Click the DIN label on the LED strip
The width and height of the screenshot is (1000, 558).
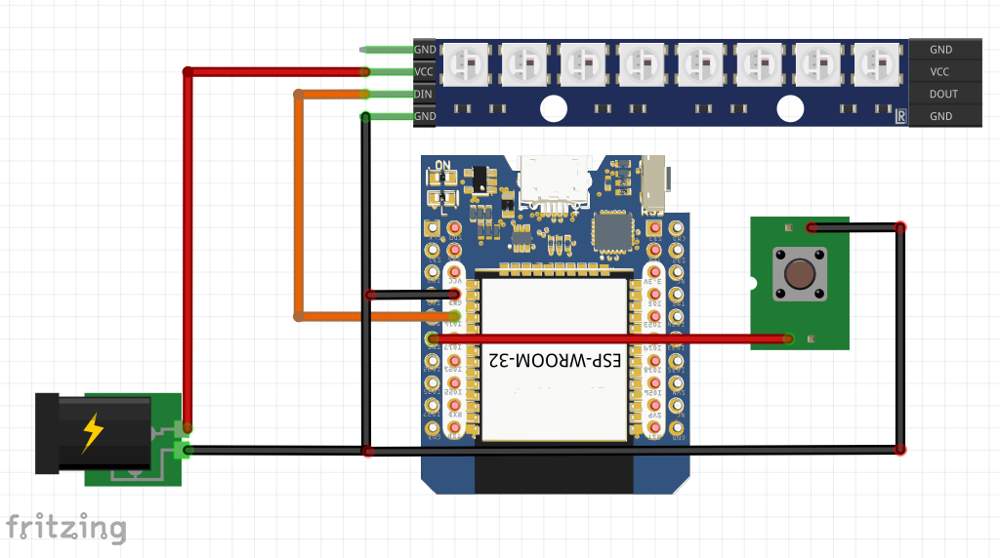coord(424,94)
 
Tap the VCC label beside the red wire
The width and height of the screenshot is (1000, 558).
coord(424,71)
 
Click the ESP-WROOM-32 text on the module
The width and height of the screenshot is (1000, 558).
coord(555,360)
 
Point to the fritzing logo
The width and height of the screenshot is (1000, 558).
coord(65,527)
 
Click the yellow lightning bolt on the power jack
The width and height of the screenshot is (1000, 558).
coord(92,433)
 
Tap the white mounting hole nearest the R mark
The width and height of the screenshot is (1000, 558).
coord(789,108)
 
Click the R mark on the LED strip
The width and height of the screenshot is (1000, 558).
coord(899,117)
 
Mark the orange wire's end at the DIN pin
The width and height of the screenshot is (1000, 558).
coord(364,94)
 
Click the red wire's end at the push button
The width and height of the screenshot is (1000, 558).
coord(787,339)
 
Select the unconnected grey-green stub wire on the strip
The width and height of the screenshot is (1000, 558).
coord(386,49)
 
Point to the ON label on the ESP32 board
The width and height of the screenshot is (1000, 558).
coord(442,164)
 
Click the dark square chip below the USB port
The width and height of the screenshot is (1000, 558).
coord(612,231)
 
